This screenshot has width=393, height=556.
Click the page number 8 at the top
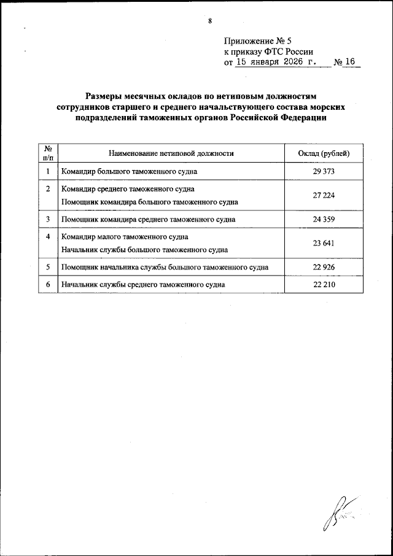pyautogui.click(x=210, y=21)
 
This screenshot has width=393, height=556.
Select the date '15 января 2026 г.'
pyautogui.click(x=275, y=62)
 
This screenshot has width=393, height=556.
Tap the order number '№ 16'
pyautogui.click(x=346, y=62)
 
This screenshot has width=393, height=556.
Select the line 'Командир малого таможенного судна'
pyautogui.click(x=124, y=237)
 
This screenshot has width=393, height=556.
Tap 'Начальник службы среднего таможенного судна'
pyautogui.click(x=142, y=285)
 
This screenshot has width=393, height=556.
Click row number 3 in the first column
pyautogui.click(x=48, y=218)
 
